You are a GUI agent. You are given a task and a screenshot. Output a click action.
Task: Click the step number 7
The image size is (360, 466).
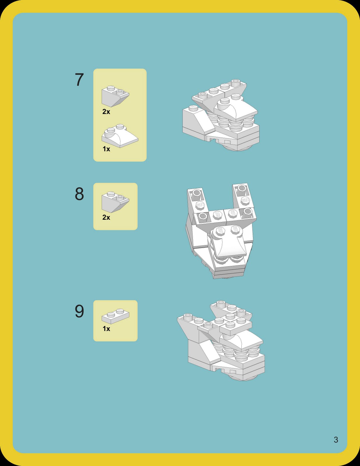click(79, 80)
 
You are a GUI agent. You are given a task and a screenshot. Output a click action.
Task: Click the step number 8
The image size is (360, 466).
click(79, 194)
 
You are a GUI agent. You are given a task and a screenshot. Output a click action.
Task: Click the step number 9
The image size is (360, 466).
click(79, 311)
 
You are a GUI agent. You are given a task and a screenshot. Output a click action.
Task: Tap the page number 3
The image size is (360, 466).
click(336, 440)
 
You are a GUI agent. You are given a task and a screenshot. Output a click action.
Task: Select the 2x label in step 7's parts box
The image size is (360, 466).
click(106, 112)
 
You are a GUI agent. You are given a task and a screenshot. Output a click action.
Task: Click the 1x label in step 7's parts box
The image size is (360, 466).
click(106, 149)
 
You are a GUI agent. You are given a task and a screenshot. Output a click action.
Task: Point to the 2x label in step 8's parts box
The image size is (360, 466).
click(106, 218)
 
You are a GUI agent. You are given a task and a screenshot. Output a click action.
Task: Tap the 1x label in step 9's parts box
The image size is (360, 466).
click(106, 329)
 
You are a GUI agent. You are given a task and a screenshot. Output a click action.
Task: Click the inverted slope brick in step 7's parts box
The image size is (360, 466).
click(115, 97)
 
